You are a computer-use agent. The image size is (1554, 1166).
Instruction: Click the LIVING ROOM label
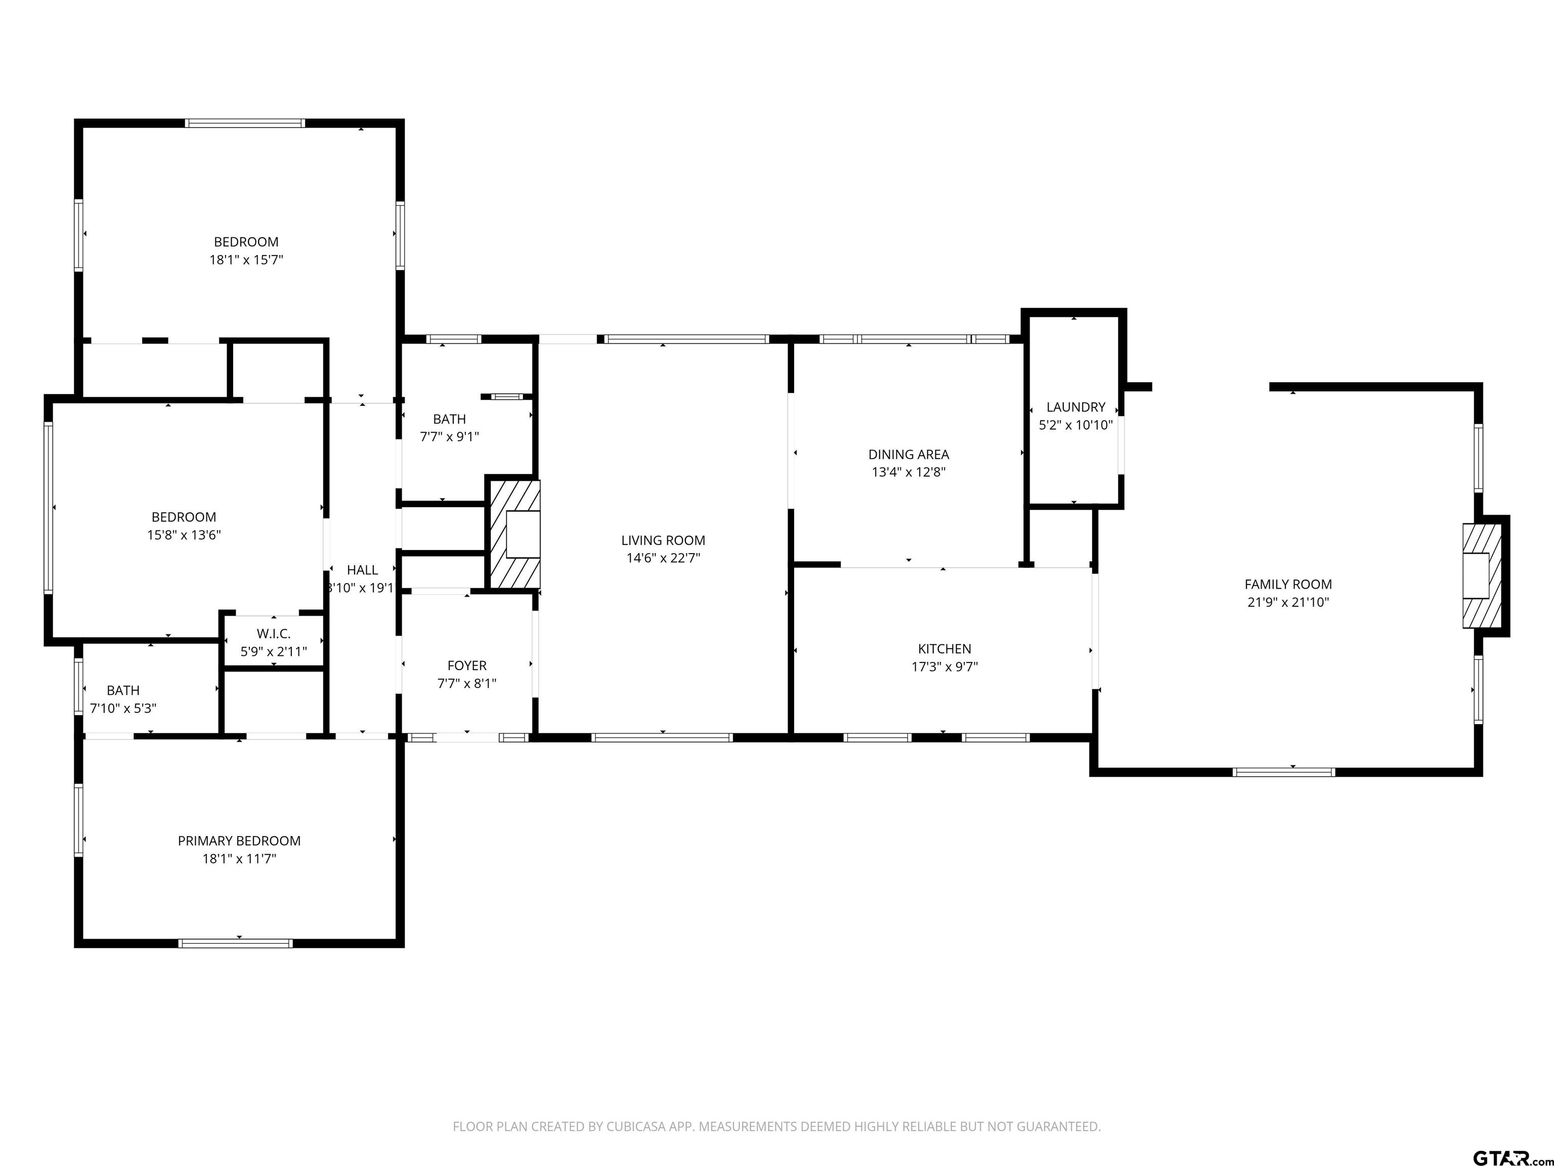pos(663,540)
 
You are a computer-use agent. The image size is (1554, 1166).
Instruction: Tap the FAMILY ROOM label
pos(1288,584)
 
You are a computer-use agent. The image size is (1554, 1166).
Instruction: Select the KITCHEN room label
pos(944,649)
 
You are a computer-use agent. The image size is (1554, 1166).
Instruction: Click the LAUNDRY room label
pos(1075,407)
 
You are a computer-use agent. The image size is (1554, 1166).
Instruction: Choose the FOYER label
pos(466,665)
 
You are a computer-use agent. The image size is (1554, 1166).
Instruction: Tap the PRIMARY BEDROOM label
pos(239,841)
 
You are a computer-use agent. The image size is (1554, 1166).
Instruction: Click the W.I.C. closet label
pos(273,634)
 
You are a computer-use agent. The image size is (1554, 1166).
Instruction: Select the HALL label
pos(362,570)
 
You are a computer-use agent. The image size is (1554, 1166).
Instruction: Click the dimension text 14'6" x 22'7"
pos(663,559)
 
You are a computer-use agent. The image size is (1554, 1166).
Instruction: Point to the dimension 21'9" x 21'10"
pos(1288,602)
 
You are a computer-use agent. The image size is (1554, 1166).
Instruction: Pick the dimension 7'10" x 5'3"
pos(123,709)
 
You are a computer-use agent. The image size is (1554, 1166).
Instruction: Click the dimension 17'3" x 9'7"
pos(944,667)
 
